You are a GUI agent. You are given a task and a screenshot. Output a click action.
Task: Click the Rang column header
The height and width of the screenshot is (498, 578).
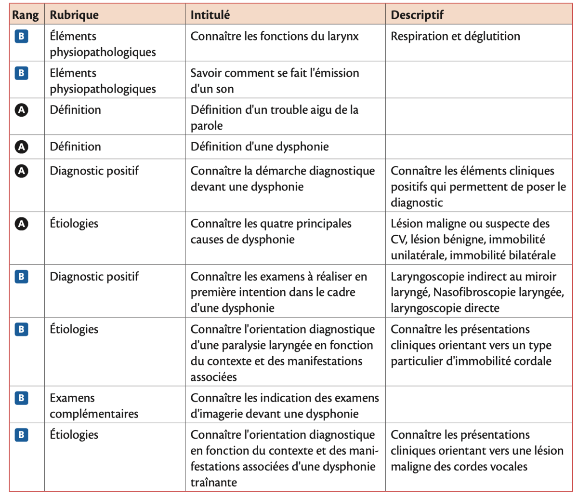pyautogui.click(x=26, y=15)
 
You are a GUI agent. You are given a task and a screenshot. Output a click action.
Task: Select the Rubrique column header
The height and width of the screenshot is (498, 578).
pyautogui.click(x=74, y=15)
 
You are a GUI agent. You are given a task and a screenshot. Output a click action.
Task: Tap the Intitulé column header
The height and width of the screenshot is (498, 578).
pyautogui.click(x=210, y=15)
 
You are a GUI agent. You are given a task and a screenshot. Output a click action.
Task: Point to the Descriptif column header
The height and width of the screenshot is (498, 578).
pyautogui.click(x=417, y=15)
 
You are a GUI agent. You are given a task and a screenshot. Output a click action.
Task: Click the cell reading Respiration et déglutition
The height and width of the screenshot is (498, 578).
pyautogui.click(x=455, y=36)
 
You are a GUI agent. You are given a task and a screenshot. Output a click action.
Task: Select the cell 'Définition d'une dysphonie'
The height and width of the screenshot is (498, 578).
pyautogui.click(x=260, y=147)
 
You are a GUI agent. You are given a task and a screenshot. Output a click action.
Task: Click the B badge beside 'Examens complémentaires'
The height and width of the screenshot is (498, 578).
pyautogui.click(x=21, y=398)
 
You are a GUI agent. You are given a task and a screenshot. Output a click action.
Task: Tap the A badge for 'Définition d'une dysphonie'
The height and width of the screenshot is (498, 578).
pyautogui.click(x=21, y=147)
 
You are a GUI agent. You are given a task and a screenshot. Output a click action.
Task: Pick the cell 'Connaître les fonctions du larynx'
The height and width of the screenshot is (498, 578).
pyautogui.click(x=275, y=36)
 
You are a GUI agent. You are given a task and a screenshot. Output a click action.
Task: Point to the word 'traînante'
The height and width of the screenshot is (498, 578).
pyautogui.click(x=213, y=482)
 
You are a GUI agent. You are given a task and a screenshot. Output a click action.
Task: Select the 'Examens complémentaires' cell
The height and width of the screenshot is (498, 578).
pyautogui.click(x=94, y=405)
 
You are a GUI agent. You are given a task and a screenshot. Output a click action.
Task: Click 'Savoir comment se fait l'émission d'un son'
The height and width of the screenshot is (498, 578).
pyautogui.click(x=275, y=81)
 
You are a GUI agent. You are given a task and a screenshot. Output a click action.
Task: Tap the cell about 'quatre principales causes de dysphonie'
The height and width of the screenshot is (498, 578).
pyautogui.click(x=271, y=231)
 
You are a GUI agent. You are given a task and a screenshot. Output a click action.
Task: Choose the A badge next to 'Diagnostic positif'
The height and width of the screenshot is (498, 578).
pyautogui.click(x=21, y=171)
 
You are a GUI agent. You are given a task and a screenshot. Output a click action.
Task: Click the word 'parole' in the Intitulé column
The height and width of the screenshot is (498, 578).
pyautogui.click(x=207, y=126)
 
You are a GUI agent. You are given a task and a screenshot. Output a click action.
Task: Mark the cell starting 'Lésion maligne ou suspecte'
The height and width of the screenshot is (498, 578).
pyautogui.click(x=473, y=239)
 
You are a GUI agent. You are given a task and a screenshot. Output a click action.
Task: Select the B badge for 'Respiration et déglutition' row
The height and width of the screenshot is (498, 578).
pyautogui.click(x=21, y=36)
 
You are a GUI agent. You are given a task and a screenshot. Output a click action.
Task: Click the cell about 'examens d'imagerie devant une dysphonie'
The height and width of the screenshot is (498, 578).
pyautogui.click(x=284, y=405)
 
